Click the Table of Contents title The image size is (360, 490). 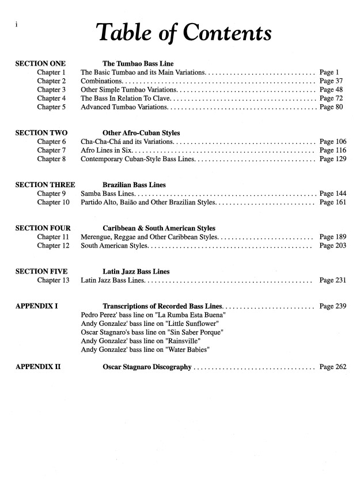tap(184, 33)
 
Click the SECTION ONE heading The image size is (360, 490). tap(40, 63)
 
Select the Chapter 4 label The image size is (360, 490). tap(51, 98)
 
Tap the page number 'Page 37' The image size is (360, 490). tap(331, 81)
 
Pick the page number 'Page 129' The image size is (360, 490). tap(332, 159)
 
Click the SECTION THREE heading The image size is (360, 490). tap(45, 185)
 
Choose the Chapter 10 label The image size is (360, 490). tap(53, 203)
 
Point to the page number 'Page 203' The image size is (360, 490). tap(332, 246)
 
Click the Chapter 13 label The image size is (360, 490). tap(53, 280)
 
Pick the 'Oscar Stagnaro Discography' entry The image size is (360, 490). tap(147, 367)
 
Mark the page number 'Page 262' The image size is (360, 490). tap(332, 367)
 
